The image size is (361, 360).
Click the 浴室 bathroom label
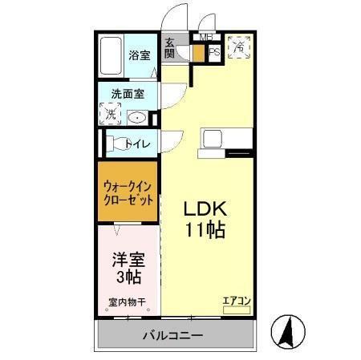[x=139, y=55]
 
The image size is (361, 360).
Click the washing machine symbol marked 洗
[x=111, y=113]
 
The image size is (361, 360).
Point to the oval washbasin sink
[x=138, y=117]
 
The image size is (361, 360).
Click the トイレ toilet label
[x=137, y=144]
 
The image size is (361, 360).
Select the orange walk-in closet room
[x=128, y=193]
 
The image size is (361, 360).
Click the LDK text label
[x=206, y=208]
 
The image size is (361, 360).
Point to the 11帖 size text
[x=206, y=230]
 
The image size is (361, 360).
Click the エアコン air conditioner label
[x=237, y=301]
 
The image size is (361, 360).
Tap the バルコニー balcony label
[x=173, y=334]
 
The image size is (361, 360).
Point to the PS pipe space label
[x=214, y=53]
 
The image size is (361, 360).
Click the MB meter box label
[x=206, y=37]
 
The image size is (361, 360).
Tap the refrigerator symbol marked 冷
[x=239, y=47]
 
